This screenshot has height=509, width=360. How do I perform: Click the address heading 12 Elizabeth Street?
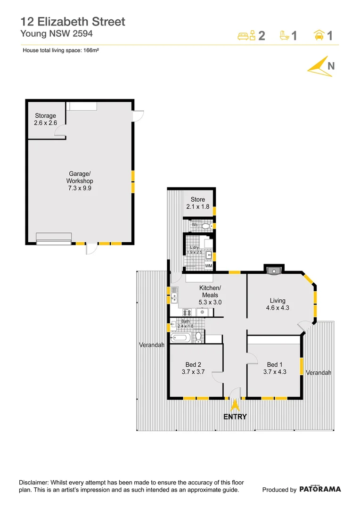[73, 21]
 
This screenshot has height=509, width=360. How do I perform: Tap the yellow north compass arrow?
[318, 66]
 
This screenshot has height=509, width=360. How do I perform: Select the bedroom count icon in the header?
[246, 35]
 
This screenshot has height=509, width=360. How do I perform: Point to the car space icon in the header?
[319, 35]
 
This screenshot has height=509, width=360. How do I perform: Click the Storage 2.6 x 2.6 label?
[46, 119]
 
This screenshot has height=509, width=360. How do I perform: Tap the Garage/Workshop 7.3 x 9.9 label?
[80, 181]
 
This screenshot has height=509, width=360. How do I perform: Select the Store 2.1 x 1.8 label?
[198, 203]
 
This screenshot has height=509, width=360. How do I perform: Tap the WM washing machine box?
[208, 266]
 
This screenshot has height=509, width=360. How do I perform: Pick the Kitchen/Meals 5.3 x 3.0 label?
[210, 295]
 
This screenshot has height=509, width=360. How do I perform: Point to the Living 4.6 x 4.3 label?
[278, 304]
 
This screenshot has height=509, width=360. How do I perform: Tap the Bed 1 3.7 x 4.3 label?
[277, 368]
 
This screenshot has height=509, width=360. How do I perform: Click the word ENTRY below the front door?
[235, 417]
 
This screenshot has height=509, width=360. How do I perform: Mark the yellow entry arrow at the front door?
[235, 405]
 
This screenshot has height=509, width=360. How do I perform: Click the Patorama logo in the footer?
[320, 489]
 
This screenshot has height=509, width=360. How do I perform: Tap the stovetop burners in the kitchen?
[187, 312]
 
